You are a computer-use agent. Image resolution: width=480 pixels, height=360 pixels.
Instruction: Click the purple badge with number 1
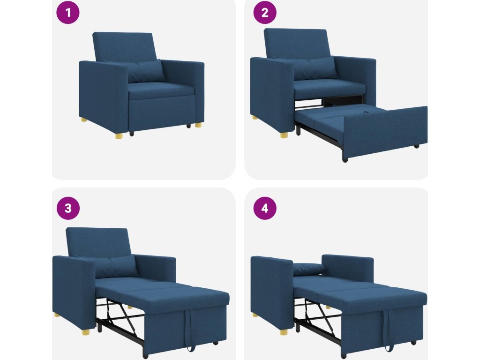coord(68,13)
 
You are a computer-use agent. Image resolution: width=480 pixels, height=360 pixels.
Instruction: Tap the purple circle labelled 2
coord(265,13)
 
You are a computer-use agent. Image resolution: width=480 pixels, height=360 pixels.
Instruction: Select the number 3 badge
coord(68,208)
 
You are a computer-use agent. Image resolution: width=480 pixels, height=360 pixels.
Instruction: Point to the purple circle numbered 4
coord(265,208)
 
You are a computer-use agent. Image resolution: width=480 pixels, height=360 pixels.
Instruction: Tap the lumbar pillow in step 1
coord(144,71)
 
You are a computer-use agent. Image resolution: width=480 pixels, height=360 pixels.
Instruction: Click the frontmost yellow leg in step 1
coord(120,135)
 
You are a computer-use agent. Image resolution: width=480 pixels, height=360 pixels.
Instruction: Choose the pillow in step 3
coord(116,267)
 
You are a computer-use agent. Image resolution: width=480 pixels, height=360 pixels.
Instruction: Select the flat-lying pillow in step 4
coord(309,269)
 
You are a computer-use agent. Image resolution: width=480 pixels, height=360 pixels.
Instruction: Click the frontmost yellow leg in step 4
coord(284,332)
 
